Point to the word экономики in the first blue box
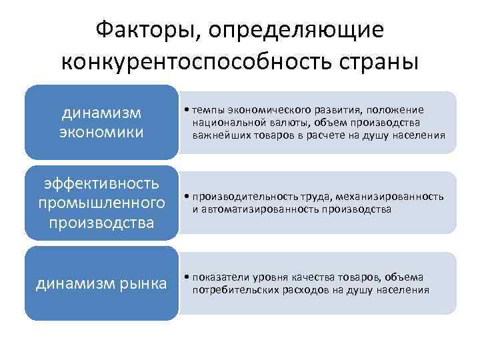pyautogui.click(x=101, y=131)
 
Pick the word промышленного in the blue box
pyautogui.click(x=101, y=202)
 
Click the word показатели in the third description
pyautogui.click(x=217, y=277)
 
